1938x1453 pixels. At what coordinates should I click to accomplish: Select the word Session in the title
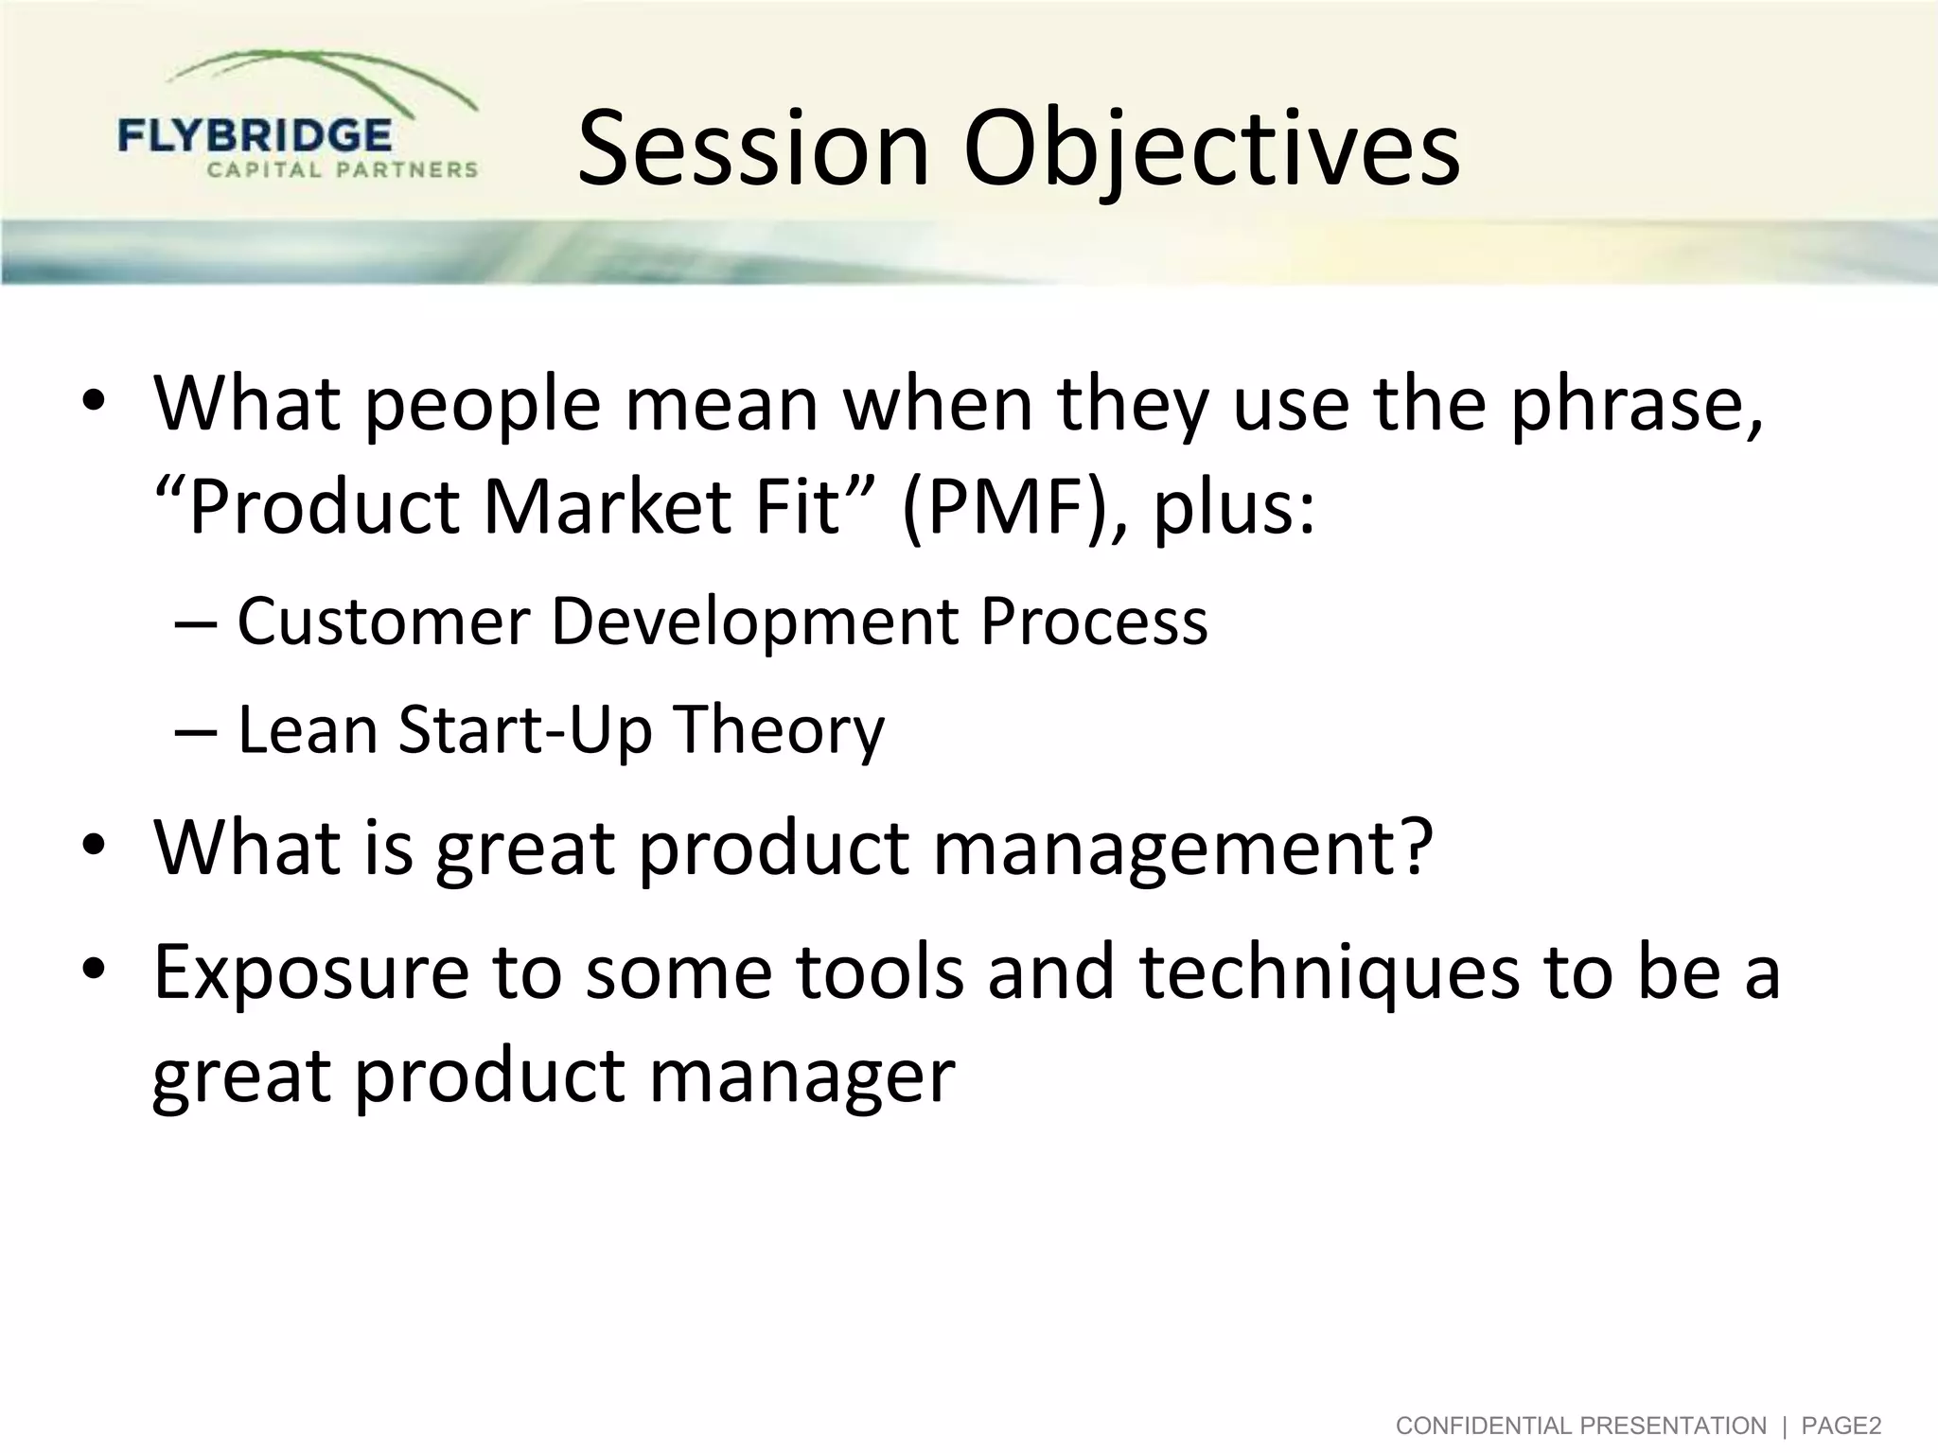pos(753,149)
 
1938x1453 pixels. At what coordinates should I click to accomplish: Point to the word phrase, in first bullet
pos(1636,404)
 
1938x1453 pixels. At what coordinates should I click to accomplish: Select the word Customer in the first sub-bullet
pos(383,621)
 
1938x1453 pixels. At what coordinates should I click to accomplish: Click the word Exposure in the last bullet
pos(311,974)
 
